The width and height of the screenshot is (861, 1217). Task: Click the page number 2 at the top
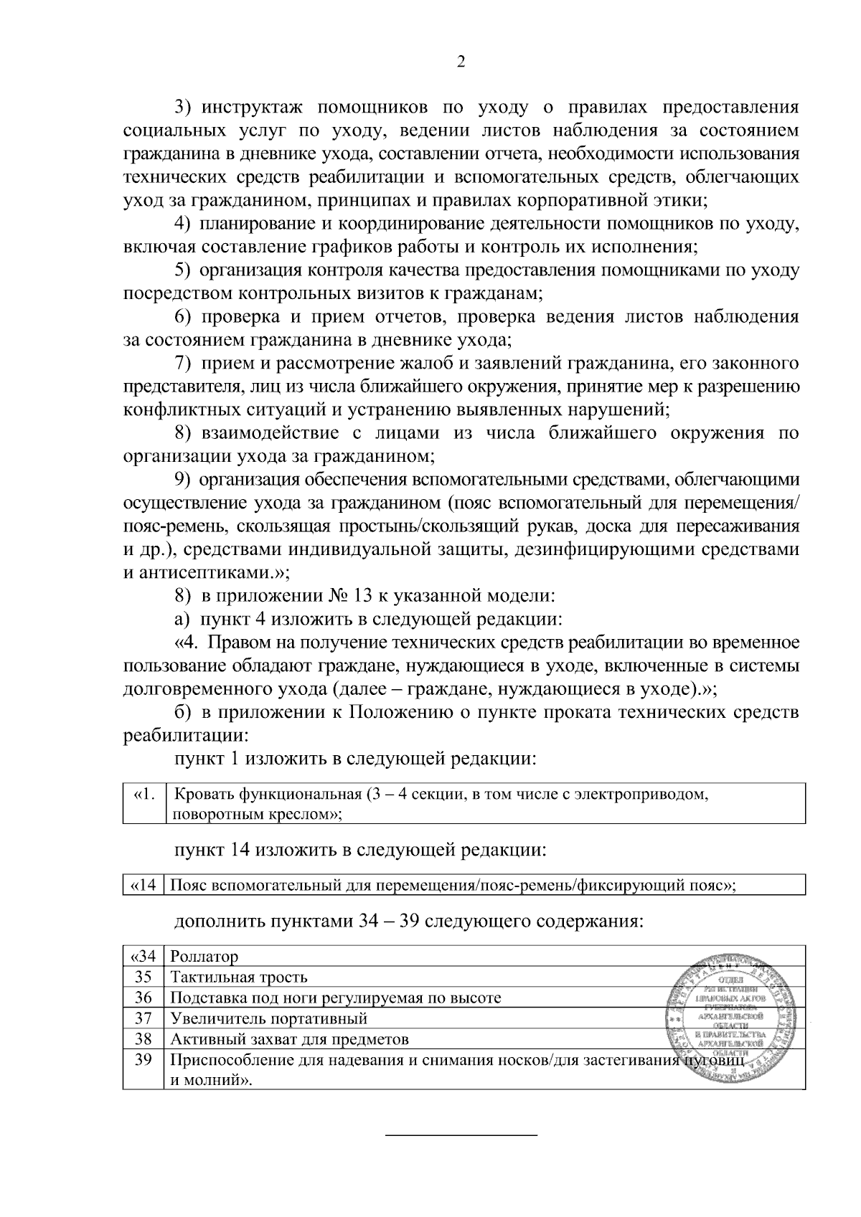[461, 62]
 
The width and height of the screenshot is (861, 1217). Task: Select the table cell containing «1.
[144, 803]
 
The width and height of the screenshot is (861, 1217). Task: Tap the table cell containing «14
[144, 885]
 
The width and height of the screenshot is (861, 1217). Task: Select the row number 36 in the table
[144, 998]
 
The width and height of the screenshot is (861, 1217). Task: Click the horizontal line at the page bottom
[461, 1135]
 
